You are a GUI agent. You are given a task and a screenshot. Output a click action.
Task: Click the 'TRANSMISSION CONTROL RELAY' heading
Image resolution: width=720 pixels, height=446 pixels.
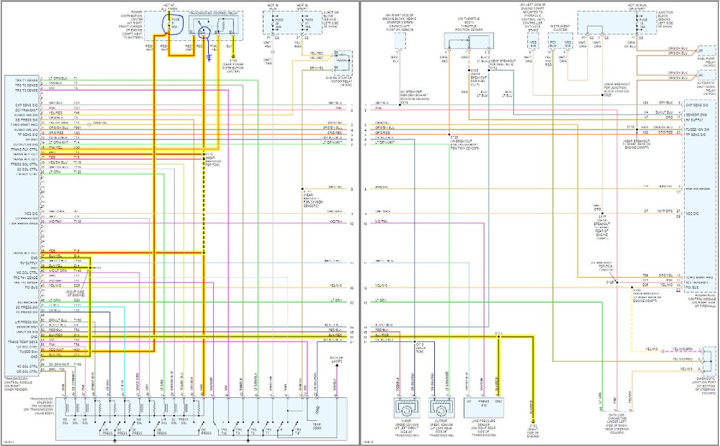click(x=213, y=13)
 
